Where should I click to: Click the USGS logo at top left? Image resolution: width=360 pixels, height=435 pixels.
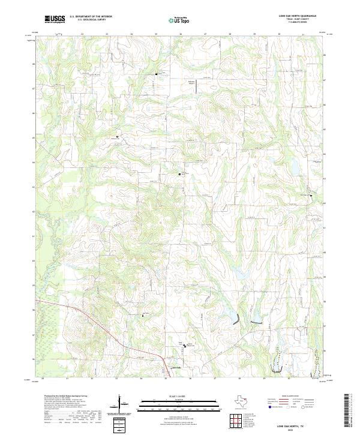pos(55,19)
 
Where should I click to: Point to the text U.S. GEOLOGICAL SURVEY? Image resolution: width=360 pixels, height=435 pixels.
pos(91,20)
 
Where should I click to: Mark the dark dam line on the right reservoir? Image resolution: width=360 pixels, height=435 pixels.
pos(256,323)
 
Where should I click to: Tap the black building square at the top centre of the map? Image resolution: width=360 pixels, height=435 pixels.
pos(157,74)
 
